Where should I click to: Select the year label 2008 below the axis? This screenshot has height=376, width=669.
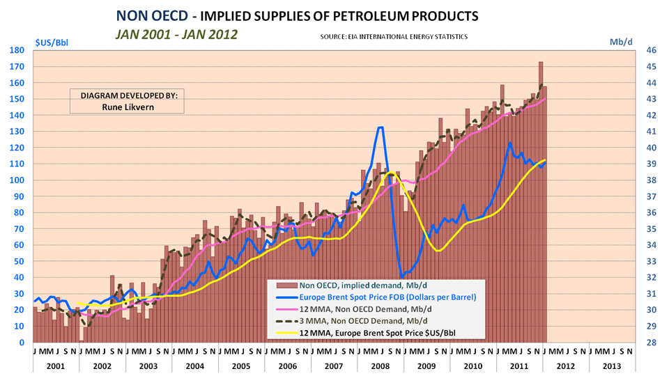click(x=379, y=365)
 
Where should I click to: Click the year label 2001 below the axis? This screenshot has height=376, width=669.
click(x=56, y=365)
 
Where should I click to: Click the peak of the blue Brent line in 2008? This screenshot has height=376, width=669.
click(x=380, y=127)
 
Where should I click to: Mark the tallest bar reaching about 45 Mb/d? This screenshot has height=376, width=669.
click(x=540, y=63)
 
